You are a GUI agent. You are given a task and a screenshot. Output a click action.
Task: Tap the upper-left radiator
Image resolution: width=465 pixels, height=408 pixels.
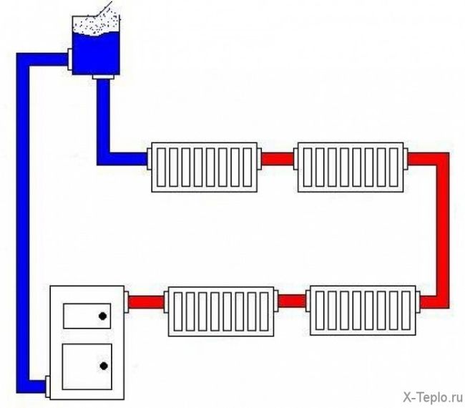[x=203, y=167]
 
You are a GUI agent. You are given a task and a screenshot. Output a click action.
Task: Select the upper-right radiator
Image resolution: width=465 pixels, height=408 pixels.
[x=351, y=167]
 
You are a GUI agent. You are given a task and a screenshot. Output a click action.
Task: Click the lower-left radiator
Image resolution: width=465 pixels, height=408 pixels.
[x=222, y=311]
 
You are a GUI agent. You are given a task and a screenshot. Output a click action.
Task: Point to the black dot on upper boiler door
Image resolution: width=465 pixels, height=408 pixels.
[x=103, y=316]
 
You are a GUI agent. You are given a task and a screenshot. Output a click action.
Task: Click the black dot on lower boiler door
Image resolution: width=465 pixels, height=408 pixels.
[x=104, y=366]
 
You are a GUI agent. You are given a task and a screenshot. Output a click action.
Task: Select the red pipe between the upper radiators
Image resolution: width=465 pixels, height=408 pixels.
[x=278, y=159]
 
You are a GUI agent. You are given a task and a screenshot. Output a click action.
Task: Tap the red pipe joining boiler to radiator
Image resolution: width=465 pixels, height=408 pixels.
[x=146, y=301]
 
